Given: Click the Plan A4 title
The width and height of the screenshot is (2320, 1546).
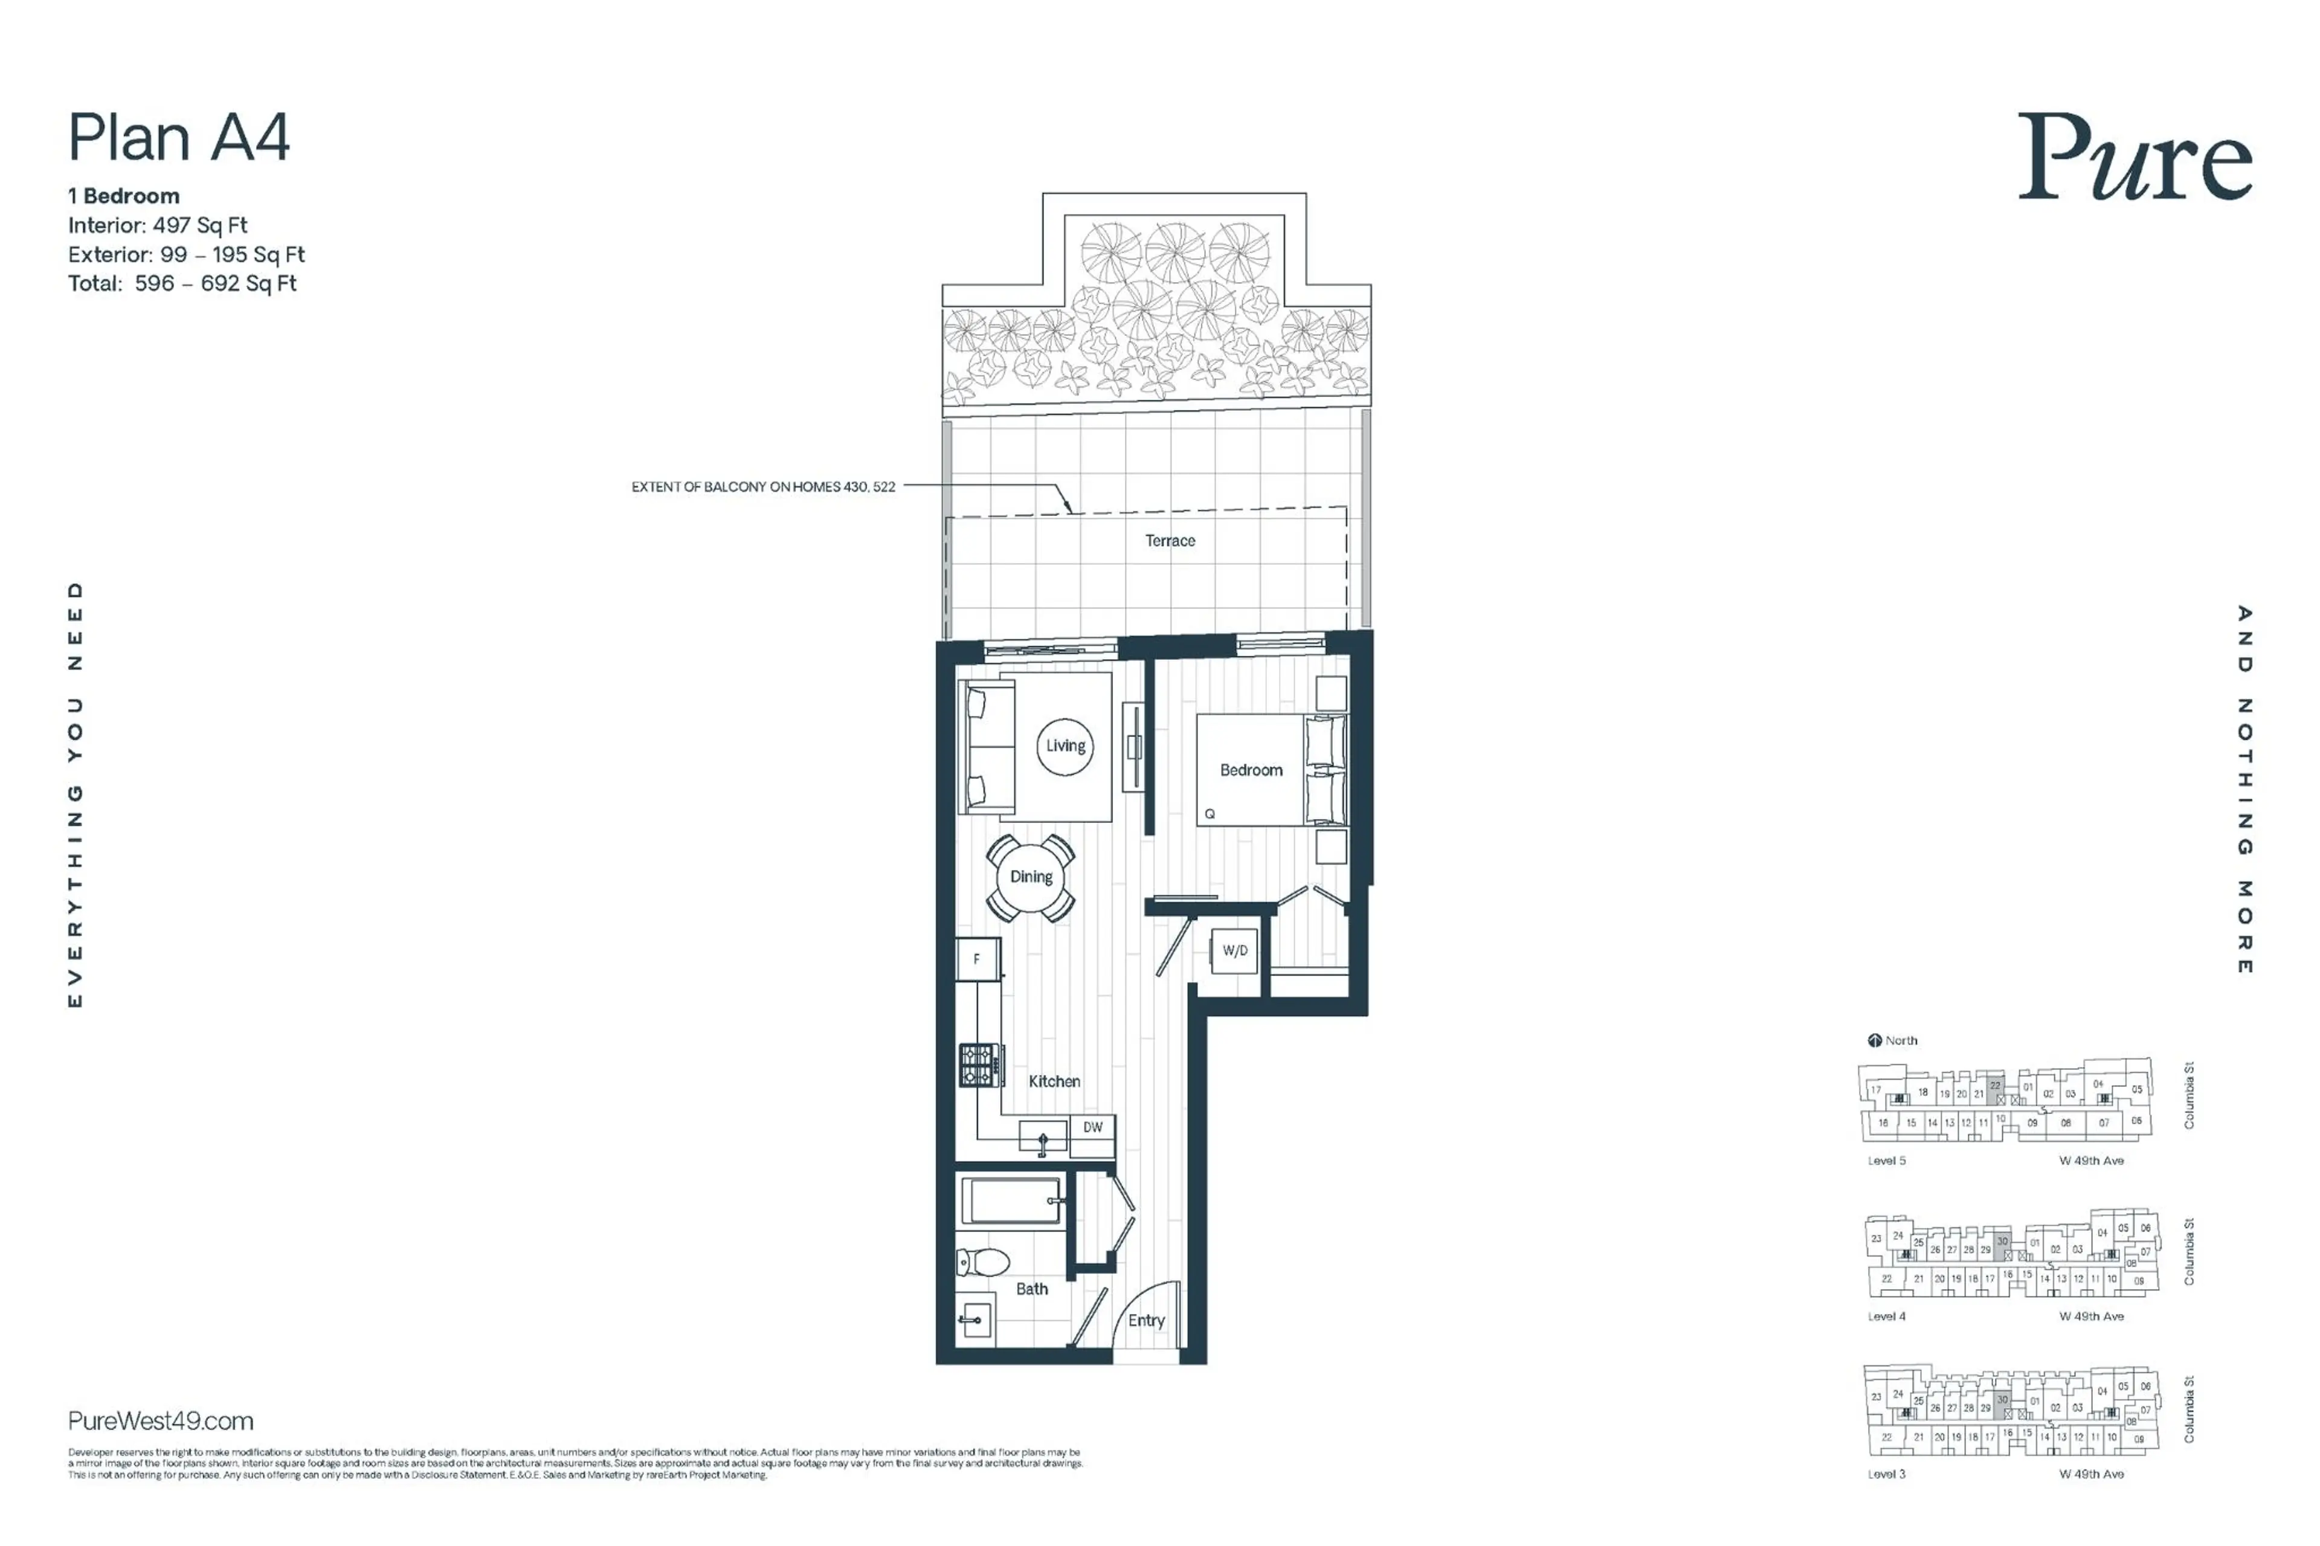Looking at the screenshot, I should coord(178,137).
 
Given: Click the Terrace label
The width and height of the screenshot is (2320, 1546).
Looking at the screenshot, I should coord(1170,540).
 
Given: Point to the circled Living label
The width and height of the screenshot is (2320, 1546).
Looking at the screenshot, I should coord(1065,746).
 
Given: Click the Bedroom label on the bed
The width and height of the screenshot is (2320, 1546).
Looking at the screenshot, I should coord(1250,770).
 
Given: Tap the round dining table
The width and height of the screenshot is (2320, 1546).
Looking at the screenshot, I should coord(1030,877).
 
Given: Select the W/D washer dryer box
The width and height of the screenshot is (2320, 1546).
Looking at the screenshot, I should coord(1234,950).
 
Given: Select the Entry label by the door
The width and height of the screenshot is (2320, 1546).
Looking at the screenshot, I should coord(1145,1320).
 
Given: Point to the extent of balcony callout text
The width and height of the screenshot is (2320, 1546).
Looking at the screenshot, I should coord(763,487).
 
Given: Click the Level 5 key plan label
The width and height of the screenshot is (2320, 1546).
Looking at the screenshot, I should coord(1886,1161).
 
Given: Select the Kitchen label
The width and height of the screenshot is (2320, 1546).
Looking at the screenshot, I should coord(1054,1081).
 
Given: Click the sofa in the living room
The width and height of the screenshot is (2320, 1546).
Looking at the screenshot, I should coord(988,746).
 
